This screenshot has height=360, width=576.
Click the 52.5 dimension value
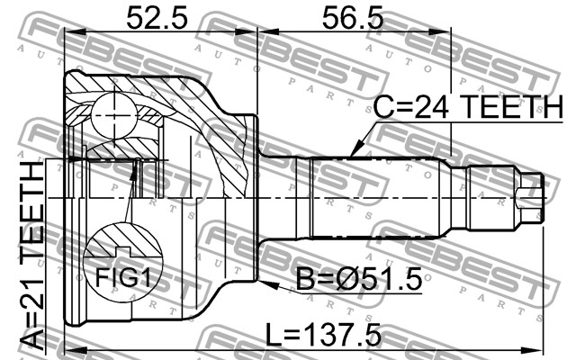(x=157, y=19)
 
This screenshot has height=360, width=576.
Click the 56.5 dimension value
(x=353, y=19)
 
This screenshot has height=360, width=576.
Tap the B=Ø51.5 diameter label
(x=359, y=279)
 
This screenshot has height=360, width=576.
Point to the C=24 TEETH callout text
(x=468, y=107)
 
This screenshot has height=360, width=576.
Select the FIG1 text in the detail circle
(x=123, y=277)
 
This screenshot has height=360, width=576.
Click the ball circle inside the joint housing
(x=115, y=116)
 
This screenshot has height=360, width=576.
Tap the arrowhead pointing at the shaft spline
(x=354, y=151)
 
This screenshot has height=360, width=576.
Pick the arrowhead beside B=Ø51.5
(x=267, y=284)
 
